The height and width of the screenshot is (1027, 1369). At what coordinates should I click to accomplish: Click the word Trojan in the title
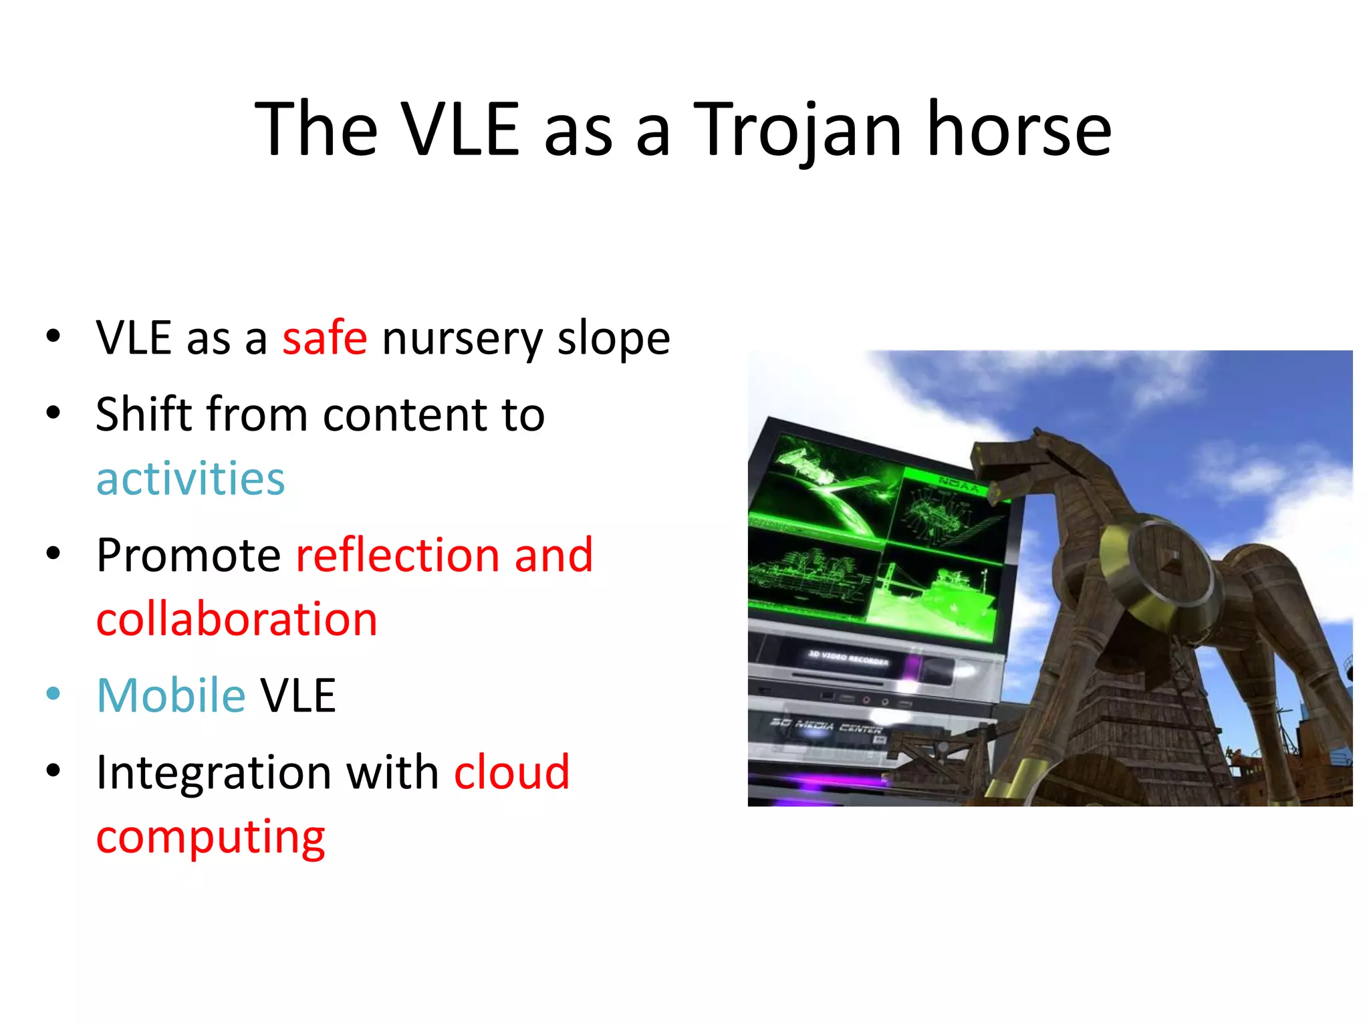(x=797, y=130)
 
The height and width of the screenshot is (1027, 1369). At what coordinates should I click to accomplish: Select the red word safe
(x=324, y=338)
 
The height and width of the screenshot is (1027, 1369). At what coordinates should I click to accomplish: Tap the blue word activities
(x=191, y=479)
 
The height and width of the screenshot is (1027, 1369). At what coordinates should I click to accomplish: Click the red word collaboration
(x=237, y=619)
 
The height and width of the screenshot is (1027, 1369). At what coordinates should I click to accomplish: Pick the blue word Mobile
(x=171, y=695)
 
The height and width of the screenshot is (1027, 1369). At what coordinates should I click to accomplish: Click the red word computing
(x=210, y=837)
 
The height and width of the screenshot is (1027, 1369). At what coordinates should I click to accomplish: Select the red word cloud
(x=511, y=772)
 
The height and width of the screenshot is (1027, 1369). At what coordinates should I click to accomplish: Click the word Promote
(x=189, y=555)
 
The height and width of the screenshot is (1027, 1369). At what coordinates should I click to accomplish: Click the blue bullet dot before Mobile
(x=53, y=694)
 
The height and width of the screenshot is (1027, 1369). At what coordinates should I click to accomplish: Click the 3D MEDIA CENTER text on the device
(x=826, y=726)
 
